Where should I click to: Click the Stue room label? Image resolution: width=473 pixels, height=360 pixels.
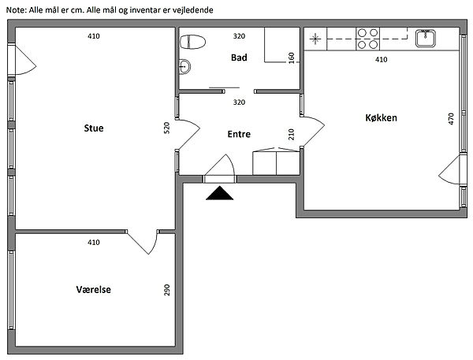coord(94,128)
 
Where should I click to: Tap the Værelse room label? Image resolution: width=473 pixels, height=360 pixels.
coord(94,289)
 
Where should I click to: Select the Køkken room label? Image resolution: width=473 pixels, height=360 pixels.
coord(381,117)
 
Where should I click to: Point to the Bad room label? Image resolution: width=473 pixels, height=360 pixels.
coord(239,58)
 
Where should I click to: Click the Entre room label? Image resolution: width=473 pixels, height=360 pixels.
coord(239,134)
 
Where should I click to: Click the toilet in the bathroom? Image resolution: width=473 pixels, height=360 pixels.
coord(192,42)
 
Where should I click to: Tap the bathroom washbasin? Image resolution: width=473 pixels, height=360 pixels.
coord(184,66)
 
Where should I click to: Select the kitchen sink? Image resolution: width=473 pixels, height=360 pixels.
coord(426,39)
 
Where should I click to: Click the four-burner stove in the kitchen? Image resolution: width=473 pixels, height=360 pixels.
coord(367,39)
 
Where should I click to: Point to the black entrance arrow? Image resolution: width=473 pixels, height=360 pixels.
coord(220,193)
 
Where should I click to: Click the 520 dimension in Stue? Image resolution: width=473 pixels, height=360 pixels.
coord(166,128)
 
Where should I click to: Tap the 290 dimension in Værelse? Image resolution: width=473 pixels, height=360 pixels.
coord(166,290)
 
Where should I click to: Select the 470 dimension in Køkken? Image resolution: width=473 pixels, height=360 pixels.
coord(451,119)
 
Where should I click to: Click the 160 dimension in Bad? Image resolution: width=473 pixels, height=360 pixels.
coord(291,58)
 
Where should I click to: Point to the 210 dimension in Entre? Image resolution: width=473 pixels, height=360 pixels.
coord(291,134)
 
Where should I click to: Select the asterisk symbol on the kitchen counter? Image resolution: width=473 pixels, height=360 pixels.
coord(315,39)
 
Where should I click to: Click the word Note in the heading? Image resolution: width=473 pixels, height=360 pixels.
coord(17,10)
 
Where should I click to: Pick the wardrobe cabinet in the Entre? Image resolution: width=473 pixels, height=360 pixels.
coord(276,161)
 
